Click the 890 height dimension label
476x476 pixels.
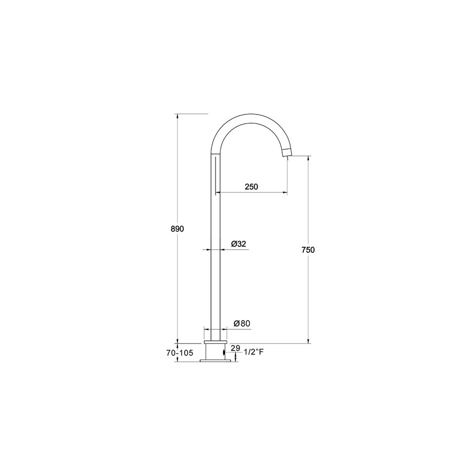point(178,229)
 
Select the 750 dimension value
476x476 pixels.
point(308,250)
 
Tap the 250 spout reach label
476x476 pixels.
point(251,187)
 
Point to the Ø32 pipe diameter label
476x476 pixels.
point(238,244)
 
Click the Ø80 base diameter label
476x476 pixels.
point(242,323)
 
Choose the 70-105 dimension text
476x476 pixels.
point(180,353)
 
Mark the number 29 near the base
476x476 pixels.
point(235,348)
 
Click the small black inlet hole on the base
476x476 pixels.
point(224,353)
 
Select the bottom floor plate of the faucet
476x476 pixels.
point(216,361)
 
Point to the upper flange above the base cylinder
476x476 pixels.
point(216,342)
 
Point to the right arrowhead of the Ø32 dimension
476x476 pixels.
point(223,250)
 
